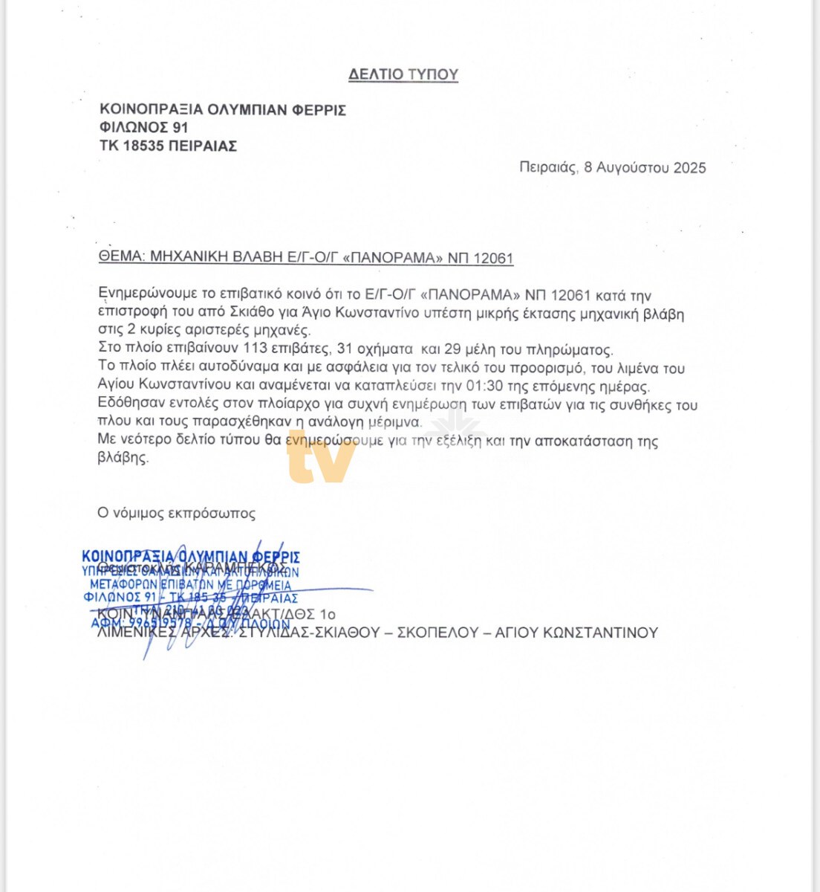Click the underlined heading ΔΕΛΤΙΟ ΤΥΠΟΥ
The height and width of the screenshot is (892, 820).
click(x=403, y=74)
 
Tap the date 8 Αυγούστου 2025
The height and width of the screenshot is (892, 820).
click(x=645, y=167)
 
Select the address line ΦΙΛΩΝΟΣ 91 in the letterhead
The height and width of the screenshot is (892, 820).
click(x=144, y=128)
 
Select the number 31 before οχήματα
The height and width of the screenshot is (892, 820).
click(x=345, y=349)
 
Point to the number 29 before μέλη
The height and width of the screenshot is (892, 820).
click(x=452, y=349)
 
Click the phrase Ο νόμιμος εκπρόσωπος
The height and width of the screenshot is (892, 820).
click(x=177, y=513)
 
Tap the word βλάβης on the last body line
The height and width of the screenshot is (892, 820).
click(x=123, y=458)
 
